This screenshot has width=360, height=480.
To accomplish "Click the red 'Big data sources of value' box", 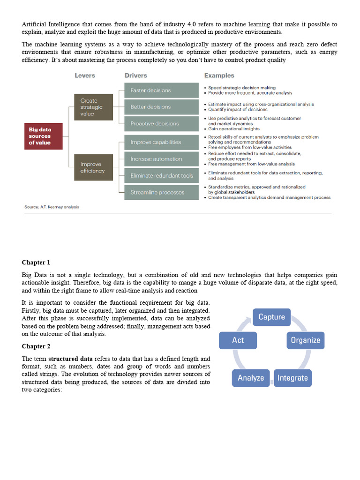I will point(43,136).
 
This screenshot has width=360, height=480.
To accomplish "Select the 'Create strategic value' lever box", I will point(93,107).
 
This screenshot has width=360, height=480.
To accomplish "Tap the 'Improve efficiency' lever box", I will point(93,167).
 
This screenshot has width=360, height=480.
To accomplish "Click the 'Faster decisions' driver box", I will point(161,90).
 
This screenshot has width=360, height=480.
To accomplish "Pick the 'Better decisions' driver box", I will point(161,107).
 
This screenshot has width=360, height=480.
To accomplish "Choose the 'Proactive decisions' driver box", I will point(161,124).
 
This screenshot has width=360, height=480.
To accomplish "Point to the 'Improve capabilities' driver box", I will point(161,142).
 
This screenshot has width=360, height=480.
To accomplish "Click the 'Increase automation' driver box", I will point(161,159).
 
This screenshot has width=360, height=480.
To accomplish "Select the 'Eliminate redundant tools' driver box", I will point(161,176).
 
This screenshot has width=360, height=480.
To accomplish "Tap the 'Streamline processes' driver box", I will point(161,192).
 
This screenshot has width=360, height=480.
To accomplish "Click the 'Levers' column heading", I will point(85,75).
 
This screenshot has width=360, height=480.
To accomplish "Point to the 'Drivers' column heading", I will point(135,75).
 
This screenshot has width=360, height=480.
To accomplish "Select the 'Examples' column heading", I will point(219,75).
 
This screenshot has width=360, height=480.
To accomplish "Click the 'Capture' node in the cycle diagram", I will point(272,317).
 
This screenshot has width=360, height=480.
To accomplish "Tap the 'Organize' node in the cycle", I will point(306,340).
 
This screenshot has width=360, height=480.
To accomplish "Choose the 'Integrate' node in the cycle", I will point(292,378).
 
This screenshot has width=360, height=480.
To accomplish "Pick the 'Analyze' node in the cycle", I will point(251,378).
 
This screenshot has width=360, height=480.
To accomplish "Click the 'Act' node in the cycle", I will point(238,340).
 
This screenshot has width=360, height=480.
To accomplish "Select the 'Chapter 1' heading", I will point(36,262).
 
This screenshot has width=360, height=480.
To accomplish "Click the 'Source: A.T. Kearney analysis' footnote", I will point(52,207).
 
